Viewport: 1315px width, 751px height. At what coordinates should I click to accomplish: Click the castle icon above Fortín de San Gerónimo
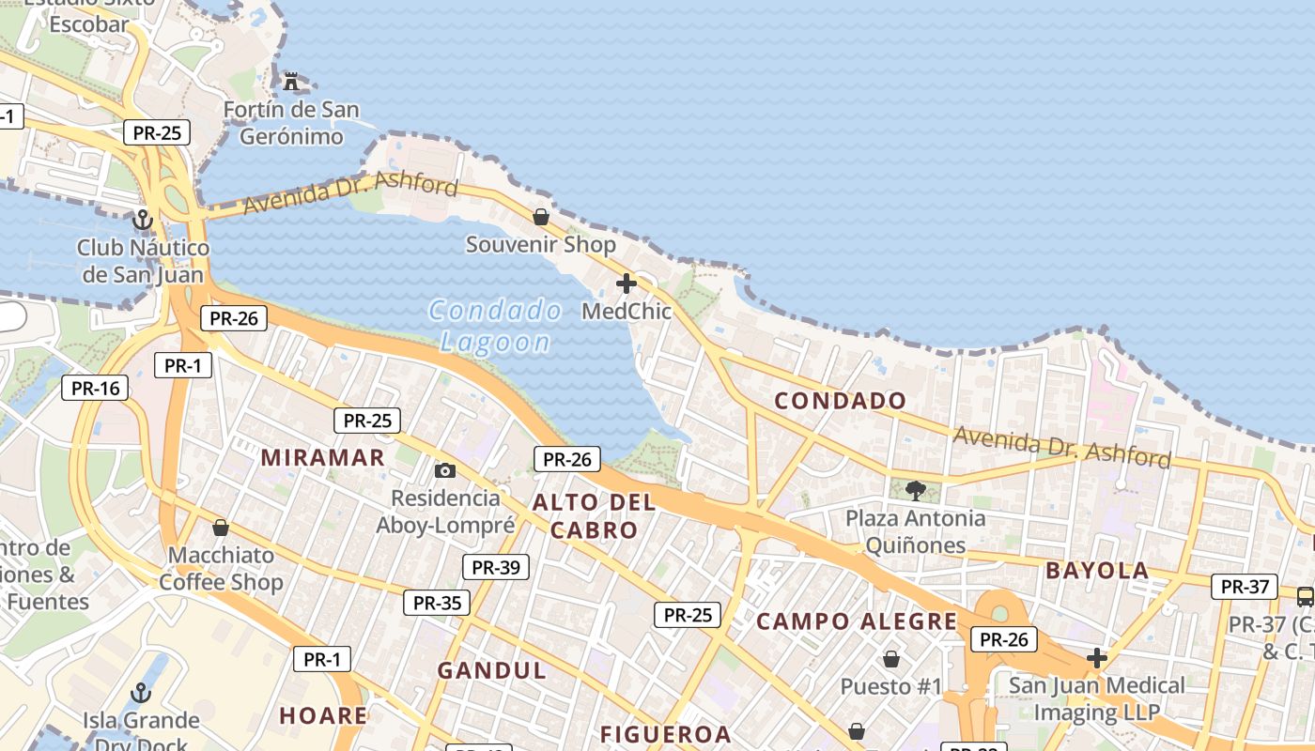pos(291,81)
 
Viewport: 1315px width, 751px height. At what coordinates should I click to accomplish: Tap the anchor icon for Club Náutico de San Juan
pos(142,221)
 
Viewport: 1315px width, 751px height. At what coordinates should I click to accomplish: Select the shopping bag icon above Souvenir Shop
pos(541,217)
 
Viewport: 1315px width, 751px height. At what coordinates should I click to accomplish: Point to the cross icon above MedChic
pos(627,284)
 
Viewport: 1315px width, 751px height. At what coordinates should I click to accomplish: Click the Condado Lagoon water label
pos(495,326)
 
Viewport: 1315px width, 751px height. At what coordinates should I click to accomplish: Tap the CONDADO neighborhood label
pos(840,401)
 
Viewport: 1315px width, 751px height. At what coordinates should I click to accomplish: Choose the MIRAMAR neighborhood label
pos(323,457)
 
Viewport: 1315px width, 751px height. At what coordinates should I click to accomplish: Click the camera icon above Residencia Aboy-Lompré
pos(445,470)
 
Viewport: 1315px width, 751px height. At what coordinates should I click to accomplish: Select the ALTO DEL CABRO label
pos(594,515)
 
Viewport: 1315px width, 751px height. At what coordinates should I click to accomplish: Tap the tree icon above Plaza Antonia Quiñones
pos(915,490)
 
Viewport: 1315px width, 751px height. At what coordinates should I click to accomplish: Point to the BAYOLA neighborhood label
pos(1097,570)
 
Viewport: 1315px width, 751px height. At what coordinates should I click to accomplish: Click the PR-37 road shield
pos(1245,587)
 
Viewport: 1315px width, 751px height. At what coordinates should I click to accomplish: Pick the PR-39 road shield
pos(496,567)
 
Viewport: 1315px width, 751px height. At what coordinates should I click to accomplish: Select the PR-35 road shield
pos(437,603)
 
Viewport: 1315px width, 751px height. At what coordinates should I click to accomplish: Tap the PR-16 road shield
pos(95,388)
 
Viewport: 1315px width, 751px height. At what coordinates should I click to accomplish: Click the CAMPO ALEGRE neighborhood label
pos(857,621)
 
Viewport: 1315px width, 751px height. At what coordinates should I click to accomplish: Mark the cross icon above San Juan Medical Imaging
pos(1096,658)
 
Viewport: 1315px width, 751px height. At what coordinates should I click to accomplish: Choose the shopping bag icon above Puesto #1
pos(890,659)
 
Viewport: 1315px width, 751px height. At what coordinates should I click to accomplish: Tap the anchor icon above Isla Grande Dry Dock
pos(140,693)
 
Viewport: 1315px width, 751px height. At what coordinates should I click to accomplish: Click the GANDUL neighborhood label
pos(491,670)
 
